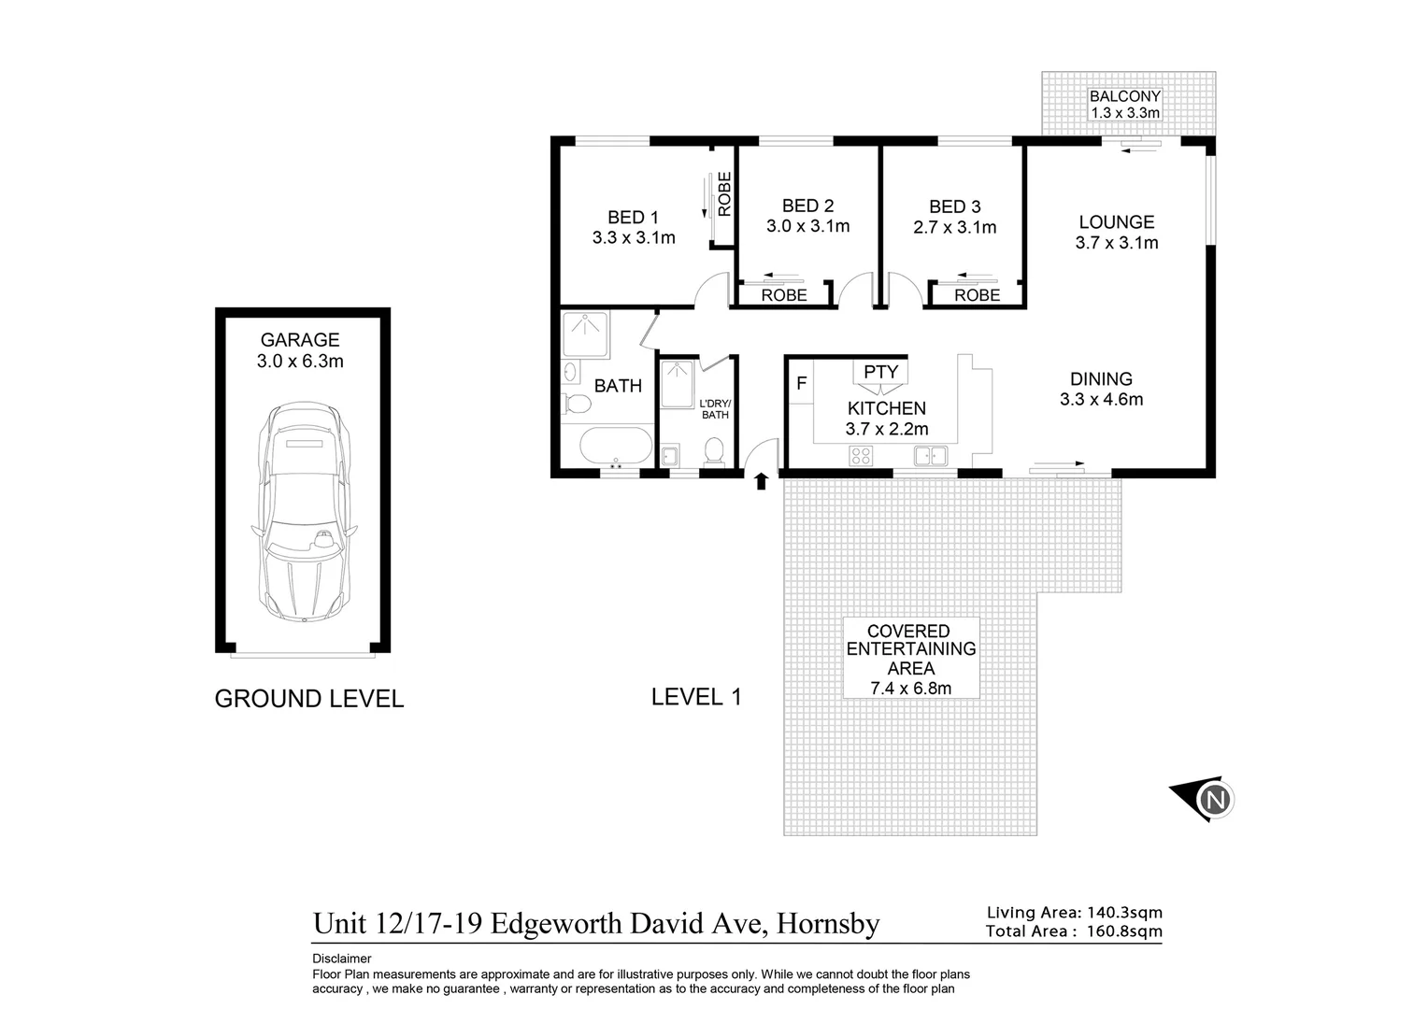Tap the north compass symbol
(1214, 800)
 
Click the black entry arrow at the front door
(761, 480)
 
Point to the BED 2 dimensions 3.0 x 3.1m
(807, 226)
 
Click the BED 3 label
(954, 206)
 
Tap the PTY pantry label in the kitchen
(880, 372)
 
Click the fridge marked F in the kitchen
(801, 383)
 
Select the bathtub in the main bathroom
(617, 446)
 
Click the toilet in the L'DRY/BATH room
(714, 450)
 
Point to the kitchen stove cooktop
(860, 456)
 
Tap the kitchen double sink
(931, 456)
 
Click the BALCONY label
(1125, 96)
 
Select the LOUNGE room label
(1116, 222)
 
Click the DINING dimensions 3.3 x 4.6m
(1101, 400)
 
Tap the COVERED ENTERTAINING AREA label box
(910, 659)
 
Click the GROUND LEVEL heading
(309, 699)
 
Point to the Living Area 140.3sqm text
(1074, 913)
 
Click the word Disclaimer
(341, 959)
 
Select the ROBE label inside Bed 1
(723, 194)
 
